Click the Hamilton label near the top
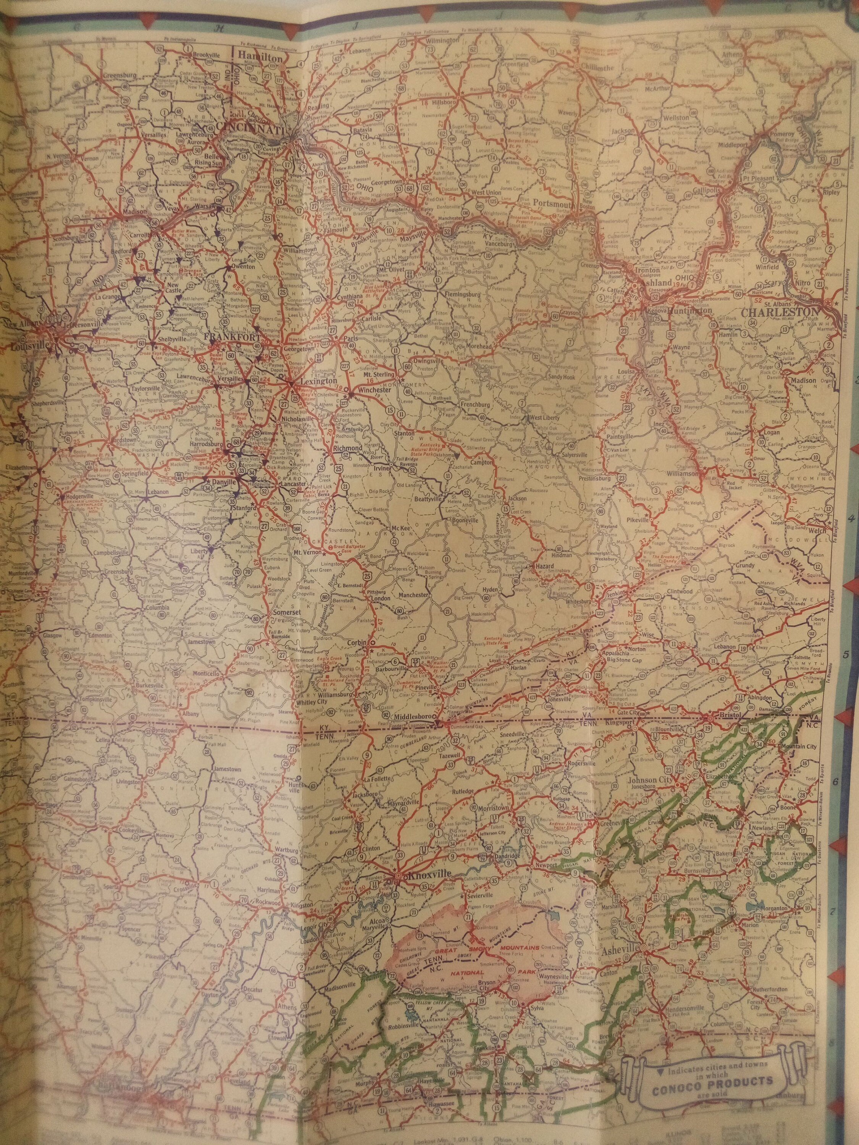(260, 60)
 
